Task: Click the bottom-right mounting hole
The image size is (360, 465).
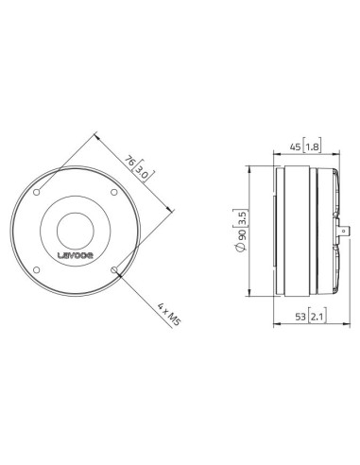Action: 114,270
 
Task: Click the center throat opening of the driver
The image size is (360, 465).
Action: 76,231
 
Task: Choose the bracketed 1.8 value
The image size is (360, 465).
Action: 314,148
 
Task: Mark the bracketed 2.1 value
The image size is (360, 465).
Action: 314,318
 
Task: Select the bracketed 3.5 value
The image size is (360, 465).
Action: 241,215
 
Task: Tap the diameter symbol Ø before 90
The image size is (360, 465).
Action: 241,249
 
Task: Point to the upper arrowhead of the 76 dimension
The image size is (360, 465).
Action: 98,134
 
